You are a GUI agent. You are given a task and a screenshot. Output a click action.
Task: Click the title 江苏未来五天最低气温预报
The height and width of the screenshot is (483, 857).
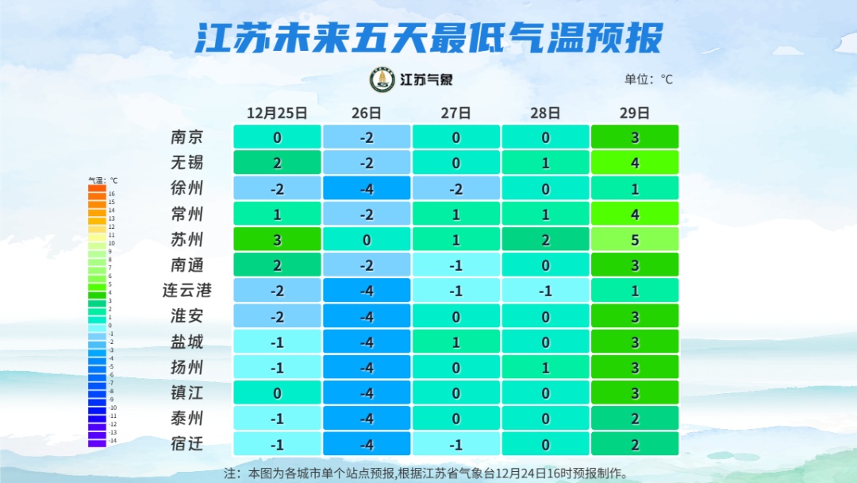click(x=428, y=37)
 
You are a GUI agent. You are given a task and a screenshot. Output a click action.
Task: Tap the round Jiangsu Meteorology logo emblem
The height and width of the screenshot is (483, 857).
click(x=382, y=79)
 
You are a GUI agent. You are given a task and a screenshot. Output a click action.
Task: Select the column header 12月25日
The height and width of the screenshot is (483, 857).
click(x=277, y=113)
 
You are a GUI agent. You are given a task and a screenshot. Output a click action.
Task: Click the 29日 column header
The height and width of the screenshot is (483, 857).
click(x=635, y=113)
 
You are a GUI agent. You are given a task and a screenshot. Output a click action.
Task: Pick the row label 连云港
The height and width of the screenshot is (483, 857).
click(x=187, y=290)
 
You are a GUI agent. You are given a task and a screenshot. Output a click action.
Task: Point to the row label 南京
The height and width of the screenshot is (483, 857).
click(x=187, y=137)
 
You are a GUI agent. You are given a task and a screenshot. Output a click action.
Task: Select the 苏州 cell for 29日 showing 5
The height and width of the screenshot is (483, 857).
click(x=635, y=239)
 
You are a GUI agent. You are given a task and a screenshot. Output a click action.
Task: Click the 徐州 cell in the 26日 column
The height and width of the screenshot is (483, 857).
click(x=367, y=188)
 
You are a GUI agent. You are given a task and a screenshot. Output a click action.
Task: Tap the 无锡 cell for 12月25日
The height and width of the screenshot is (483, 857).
click(x=277, y=163)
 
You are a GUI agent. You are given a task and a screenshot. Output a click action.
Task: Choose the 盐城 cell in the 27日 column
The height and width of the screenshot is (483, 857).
click(x=456, y=342)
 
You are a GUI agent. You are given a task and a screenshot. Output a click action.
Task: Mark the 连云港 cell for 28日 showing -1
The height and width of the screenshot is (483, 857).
click(x=545, y=291)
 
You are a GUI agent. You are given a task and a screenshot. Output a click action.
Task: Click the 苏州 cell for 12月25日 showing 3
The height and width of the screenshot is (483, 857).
click(x=277, y=239)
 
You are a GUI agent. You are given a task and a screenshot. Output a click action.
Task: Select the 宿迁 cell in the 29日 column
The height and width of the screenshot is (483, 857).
click(x=635, y=444)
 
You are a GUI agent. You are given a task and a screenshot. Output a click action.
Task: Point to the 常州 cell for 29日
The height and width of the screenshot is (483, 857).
click(x=635, y=214)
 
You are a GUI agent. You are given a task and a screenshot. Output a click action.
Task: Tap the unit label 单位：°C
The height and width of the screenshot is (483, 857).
click(x=648, y=79)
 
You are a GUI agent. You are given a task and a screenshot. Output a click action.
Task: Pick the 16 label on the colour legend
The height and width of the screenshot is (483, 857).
click(x=112, y=194)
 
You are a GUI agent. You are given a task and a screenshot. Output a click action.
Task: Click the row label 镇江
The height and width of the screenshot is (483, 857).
click(x=187, y=392)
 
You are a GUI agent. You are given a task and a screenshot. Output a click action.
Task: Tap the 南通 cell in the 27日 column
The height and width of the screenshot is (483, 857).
click(x=456, y=265)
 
